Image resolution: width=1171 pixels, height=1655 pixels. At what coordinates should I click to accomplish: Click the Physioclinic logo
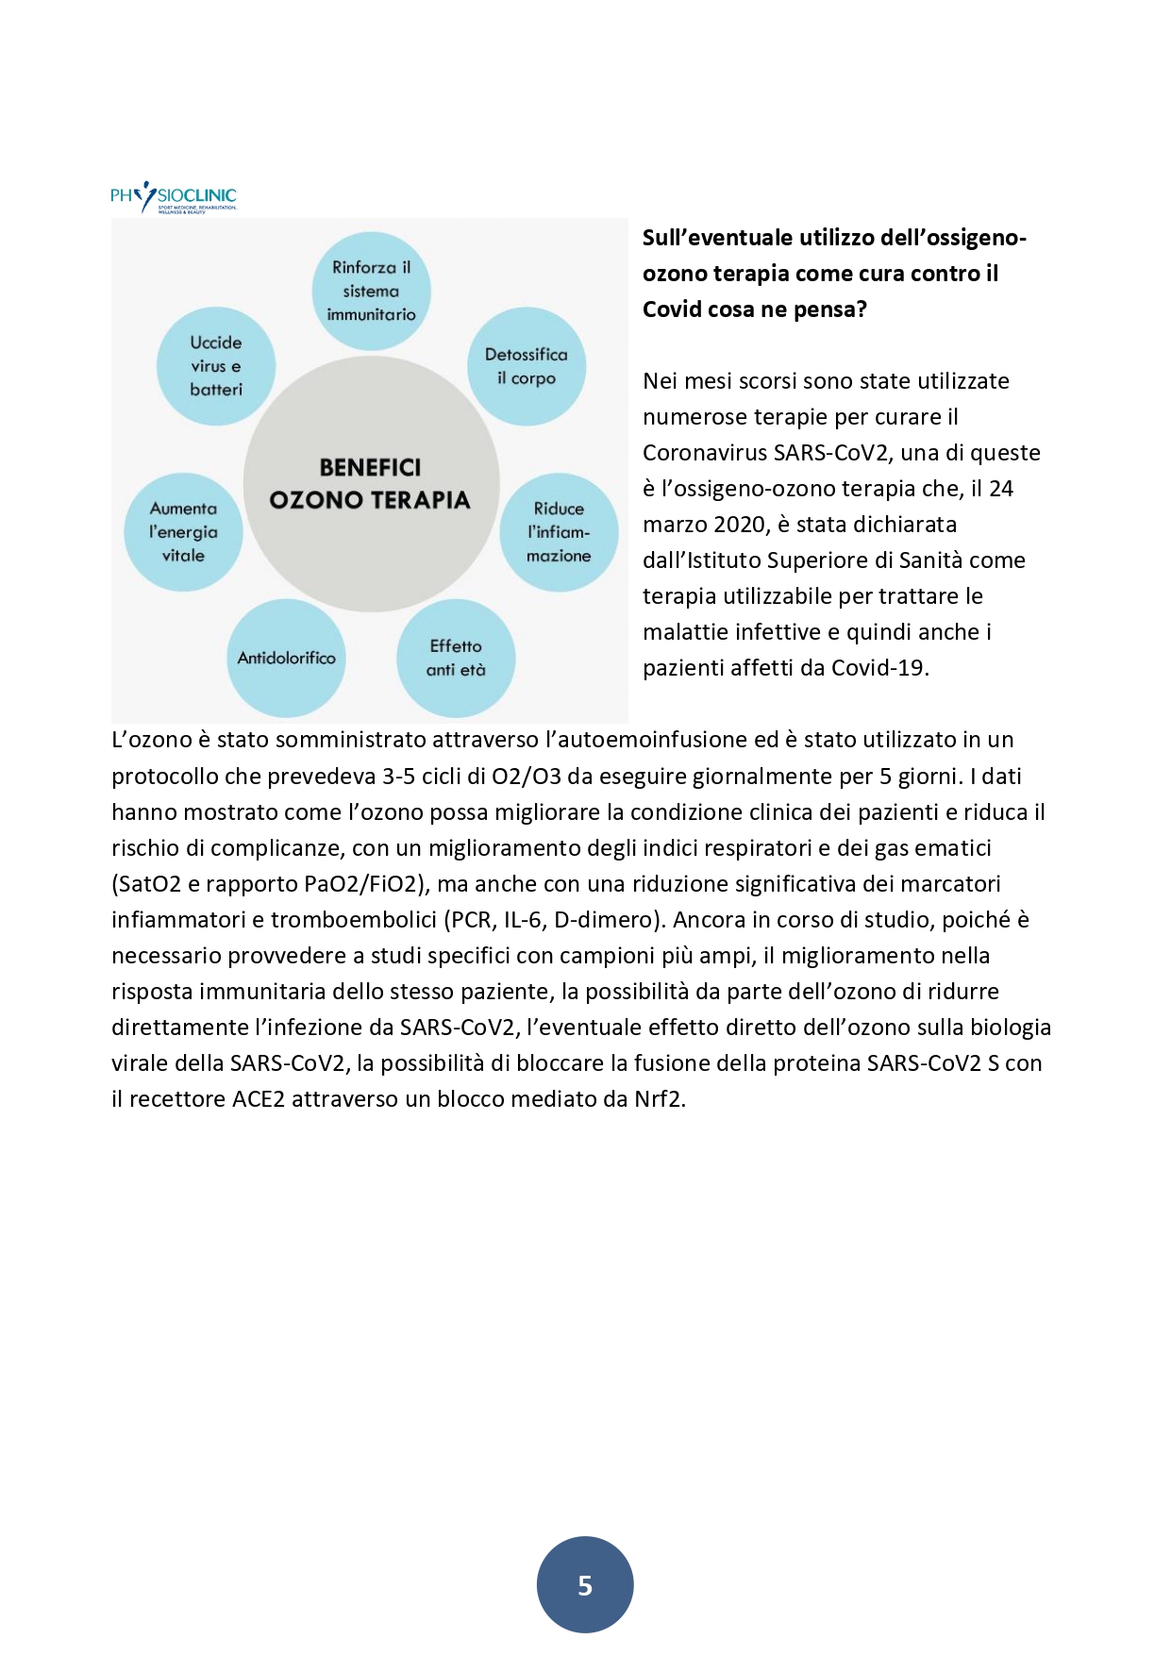pos(174,197)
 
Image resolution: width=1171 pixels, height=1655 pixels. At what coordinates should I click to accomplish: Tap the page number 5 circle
pos(585,1584)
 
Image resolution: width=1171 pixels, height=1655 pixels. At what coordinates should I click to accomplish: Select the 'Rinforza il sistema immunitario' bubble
pos(371,291)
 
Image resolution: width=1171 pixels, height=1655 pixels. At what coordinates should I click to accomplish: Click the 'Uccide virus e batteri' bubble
pos(216,366)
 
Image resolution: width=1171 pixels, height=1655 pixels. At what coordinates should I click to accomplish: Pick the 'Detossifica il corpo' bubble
pos(527,366)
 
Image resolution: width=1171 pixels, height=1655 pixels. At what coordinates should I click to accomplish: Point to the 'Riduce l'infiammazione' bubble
pos(559,532)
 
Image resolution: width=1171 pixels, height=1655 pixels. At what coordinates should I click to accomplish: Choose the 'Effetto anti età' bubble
pos(456,658)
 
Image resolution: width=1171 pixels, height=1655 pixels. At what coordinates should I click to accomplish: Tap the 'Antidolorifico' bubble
pos(286,658)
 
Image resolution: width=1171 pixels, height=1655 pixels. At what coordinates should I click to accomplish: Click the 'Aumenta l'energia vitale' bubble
pos(183,532)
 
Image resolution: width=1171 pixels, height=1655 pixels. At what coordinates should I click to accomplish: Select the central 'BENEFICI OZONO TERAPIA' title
pos(370,484)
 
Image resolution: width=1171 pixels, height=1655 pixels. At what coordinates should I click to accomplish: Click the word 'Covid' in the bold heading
pos(671,309)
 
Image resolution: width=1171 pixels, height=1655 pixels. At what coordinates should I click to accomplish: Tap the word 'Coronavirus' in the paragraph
pos(704,453)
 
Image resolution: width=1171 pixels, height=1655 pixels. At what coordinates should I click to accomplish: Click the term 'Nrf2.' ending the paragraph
pos(660,1099)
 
